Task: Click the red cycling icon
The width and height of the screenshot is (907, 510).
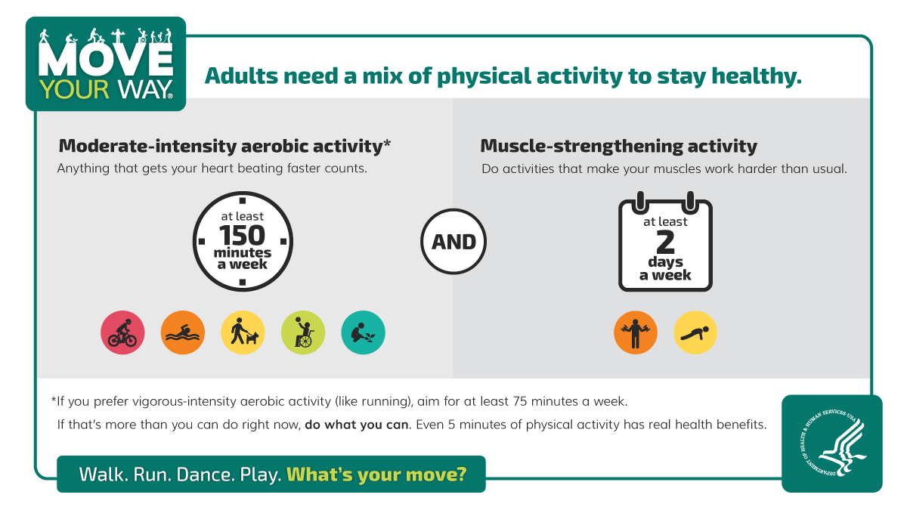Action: tap(122, 332)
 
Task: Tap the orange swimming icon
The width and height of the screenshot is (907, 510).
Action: tap(183, 332)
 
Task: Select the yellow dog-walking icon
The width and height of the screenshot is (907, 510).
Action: tap(243, 332)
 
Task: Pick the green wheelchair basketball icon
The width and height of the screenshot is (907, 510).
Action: tap(303, 332)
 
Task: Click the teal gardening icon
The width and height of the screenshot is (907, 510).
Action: tap(363, 332)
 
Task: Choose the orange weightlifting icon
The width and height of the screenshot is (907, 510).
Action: tap(636, 332)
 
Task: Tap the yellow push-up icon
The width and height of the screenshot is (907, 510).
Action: tap(695, 332)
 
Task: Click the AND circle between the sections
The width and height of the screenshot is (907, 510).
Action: tap(453, 243)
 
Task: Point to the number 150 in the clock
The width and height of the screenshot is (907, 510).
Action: tap(243, 235)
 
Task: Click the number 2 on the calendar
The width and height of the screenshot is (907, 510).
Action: tap(665, 242)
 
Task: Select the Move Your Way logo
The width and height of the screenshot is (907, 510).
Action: tap(106, 64)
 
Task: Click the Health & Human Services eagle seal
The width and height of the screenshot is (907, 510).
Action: tap(831, 444)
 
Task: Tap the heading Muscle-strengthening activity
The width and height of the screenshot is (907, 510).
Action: tap(618, 146)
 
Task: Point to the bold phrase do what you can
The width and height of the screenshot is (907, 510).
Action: tap(356, 425)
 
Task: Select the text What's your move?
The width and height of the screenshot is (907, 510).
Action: tap(376, 474)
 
